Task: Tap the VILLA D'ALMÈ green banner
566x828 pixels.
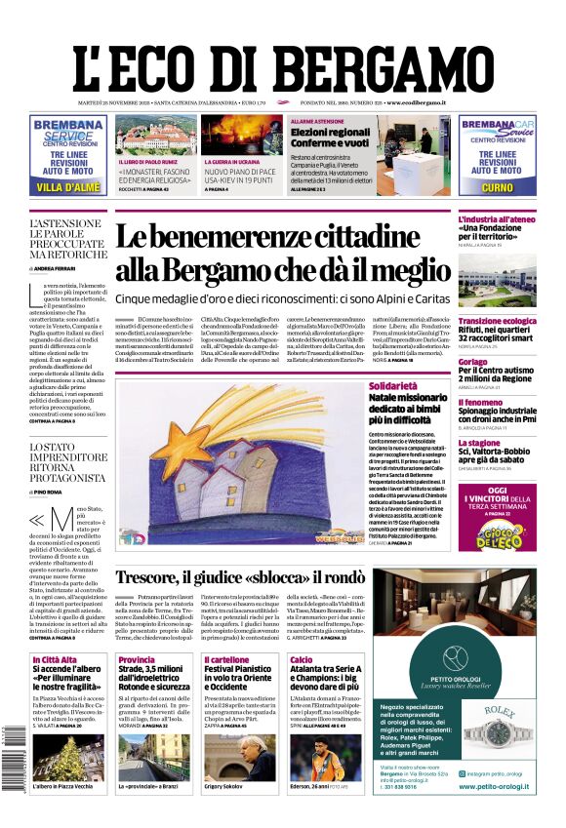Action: [67, 186]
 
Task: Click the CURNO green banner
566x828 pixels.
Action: [497, 186]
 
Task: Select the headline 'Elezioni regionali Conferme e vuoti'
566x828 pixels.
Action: [330, 137]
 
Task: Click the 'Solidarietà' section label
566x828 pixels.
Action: [393, 386]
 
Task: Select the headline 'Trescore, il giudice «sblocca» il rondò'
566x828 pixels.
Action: [254, 577]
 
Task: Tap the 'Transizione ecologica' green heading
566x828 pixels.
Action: [497, 321]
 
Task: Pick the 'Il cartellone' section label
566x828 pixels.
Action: [226, 660]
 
